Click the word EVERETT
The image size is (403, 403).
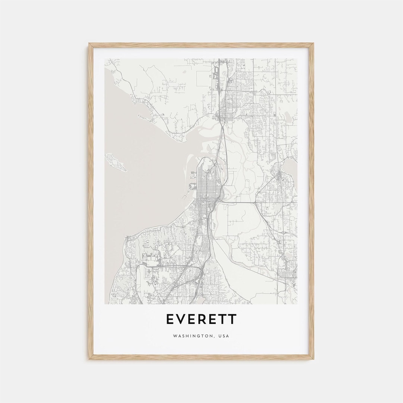(201, 319)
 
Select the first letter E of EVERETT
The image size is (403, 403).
(169, 319)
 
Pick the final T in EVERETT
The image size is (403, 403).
(232, 319)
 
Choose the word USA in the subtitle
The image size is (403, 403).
(224, 336)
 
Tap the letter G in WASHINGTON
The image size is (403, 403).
(197, 336)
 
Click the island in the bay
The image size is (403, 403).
(116, 162)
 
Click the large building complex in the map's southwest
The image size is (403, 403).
(151, 257)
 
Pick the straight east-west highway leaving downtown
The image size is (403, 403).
(239, 202)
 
